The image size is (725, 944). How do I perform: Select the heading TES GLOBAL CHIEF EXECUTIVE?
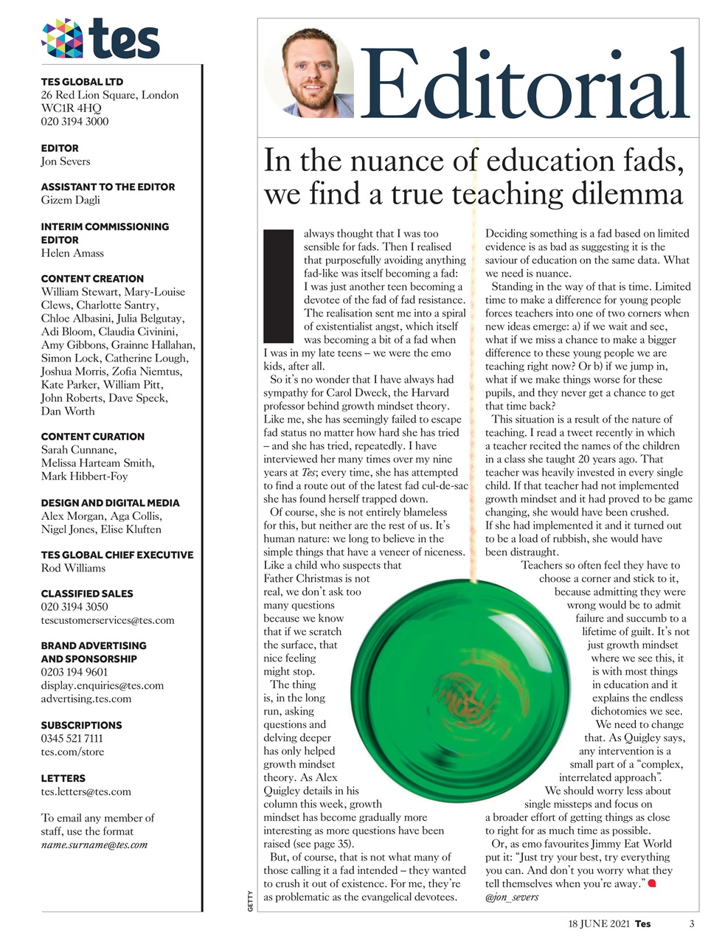click(117, 555)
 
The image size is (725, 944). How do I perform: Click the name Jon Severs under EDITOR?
click(66, 162)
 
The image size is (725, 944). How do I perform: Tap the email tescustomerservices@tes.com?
click(108, 620)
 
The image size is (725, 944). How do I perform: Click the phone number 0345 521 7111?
click(72, 738)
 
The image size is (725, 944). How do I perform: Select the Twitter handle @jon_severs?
click(512, 897)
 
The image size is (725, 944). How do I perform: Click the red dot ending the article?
click(651, 883)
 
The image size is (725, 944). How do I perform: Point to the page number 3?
click(692, 923)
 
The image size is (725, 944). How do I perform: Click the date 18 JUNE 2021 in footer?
click(599, 923)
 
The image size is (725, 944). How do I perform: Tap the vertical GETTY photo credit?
click(250, 901)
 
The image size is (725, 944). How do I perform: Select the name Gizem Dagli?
click(71, 200)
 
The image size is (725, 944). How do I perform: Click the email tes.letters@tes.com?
click(86, 791)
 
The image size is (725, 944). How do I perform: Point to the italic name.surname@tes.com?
click(94, 844)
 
